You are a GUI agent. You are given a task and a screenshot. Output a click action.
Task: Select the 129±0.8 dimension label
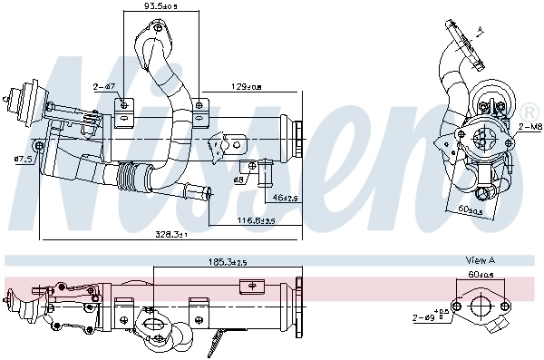(x=244, y=87)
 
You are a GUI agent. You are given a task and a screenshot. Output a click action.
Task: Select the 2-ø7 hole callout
(x=102, y=87)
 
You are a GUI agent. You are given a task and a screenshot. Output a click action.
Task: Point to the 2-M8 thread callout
(x=529, y=128)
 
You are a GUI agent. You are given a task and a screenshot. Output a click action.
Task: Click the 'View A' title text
(x=480, y=260)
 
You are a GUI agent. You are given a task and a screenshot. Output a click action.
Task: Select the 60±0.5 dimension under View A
(x=480, y=273)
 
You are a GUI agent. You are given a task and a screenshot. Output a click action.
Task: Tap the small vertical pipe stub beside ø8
(x=265, y=170)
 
